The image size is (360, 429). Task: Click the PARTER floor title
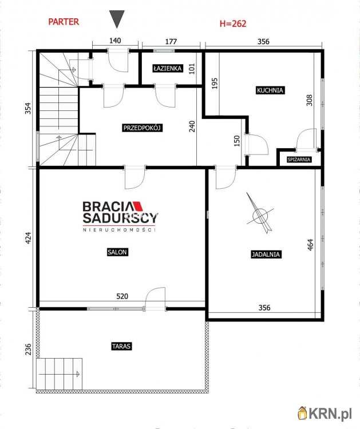(x=64, y=22)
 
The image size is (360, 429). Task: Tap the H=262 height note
(x=233, y=23)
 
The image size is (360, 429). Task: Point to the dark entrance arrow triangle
(x=117, y=19)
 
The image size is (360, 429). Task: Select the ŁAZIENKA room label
(x=168, y=68)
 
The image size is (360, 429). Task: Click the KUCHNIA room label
(x=270, y=90)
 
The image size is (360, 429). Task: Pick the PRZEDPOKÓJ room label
(x=143, y=128)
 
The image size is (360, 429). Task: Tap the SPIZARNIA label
(x=299, y=160)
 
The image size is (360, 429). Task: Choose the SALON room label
(x=117, y=252)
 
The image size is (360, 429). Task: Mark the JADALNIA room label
(x=266, y=255)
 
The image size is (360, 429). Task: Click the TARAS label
(x=121, y=346)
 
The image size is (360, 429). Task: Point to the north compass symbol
(x=260, y=213)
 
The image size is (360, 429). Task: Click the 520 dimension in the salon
(x=122, y=296)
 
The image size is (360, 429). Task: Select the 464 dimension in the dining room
(x=310, y=245)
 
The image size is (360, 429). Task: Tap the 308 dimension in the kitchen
(x=310, y=101)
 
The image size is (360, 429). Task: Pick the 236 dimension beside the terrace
(x=28, y=349)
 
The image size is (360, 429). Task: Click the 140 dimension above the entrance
(x=115, y=41)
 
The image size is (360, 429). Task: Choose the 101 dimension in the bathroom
(x=192, y=69)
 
